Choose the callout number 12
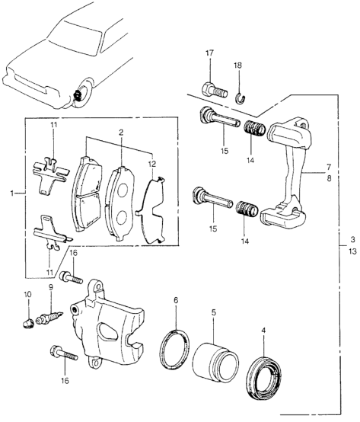click(152, 163)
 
